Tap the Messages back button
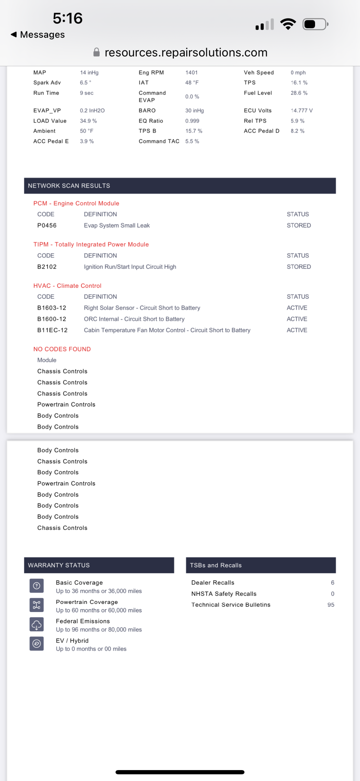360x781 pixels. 38,34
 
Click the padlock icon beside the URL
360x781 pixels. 96,52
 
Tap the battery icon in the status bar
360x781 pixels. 315,24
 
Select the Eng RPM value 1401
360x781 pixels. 191,72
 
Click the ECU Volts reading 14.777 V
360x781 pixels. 302,111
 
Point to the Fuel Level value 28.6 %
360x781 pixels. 299,93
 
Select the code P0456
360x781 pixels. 47,226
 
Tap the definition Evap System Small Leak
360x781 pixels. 117,226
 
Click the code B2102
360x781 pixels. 47,267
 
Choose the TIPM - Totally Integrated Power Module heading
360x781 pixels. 91,244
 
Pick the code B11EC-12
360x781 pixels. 52,330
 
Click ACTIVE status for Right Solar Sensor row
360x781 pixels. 297,308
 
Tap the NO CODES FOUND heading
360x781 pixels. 62,349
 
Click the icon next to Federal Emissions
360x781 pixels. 37,625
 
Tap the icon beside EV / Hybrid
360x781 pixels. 37,644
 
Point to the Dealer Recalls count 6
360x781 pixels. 333,583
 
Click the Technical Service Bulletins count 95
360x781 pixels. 331,605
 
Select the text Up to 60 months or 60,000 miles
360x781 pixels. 99,610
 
